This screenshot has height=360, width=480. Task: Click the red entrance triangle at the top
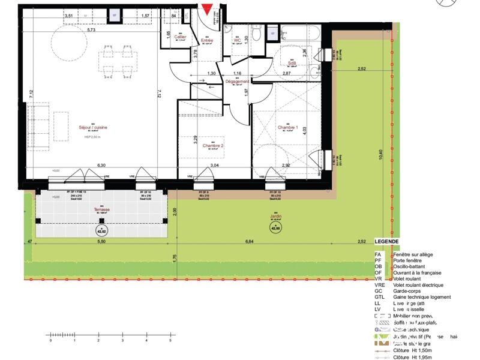click(x=207, y=9)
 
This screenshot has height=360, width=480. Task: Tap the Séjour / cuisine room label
click(x=93, y=127)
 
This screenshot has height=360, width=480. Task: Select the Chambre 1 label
click(x=287, y=127)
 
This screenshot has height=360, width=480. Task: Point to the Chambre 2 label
click(x=213, y=146)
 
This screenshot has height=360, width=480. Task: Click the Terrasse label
click(x=101, y=210)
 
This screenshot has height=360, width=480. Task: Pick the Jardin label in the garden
click(x=276, y=217)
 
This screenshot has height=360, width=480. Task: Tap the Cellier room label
click(x=180, y=37)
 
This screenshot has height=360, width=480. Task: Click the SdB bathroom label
click(x=292, y=62)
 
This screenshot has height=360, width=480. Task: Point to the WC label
click(x=237, y=40)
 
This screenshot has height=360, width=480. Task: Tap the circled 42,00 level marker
click(x=276, y=227)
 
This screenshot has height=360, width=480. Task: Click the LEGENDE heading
click(x=386, y=242)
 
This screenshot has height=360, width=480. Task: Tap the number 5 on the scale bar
click(x=170, y=340)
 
